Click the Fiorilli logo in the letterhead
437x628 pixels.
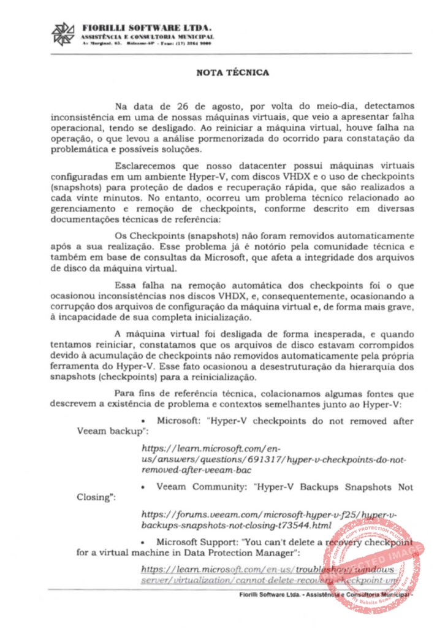[x=63, y=34]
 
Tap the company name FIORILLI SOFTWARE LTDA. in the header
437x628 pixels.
[x=146, y=28]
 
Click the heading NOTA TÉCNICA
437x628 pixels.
[x=232, y=72]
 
